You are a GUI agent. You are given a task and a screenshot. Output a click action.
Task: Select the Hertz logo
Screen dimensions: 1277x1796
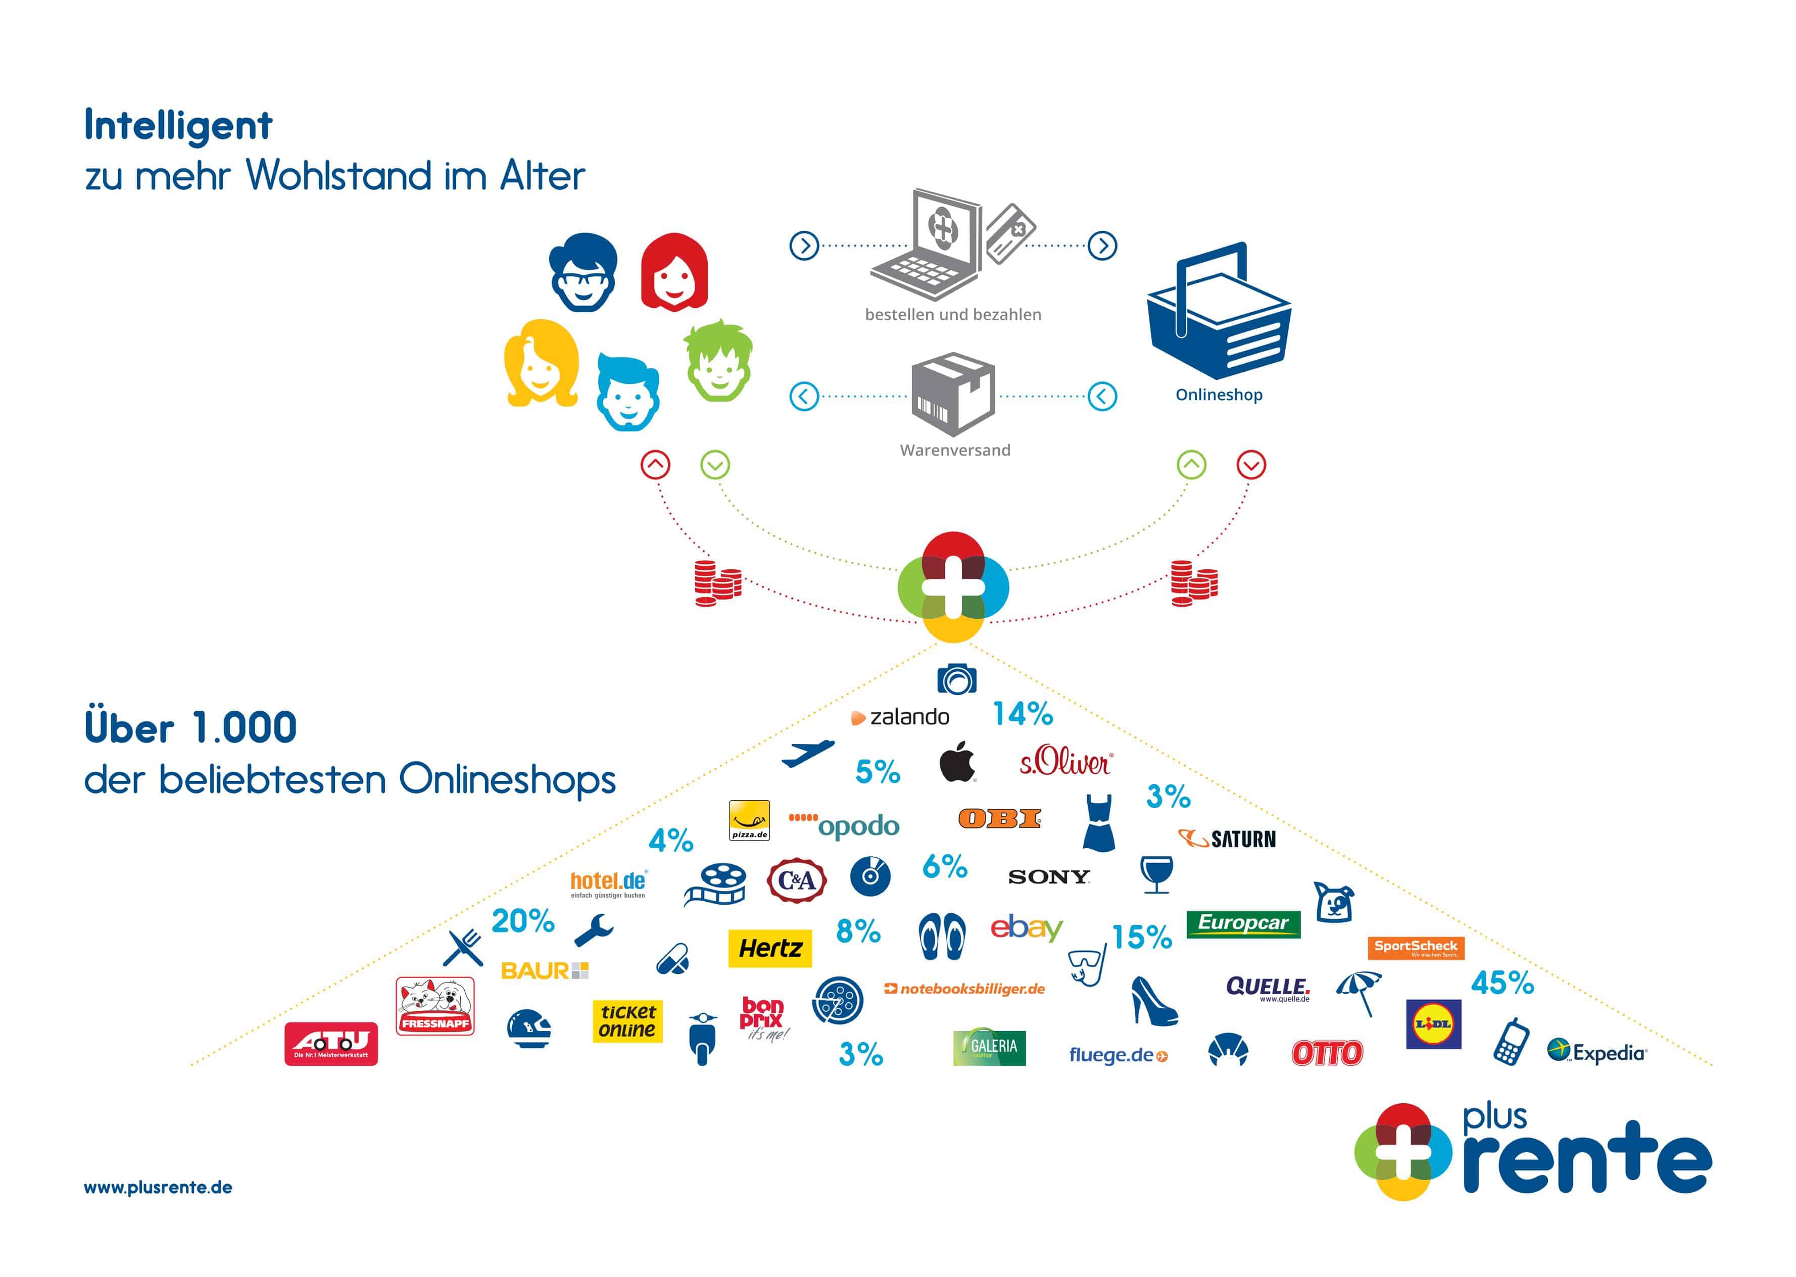pos(770,948)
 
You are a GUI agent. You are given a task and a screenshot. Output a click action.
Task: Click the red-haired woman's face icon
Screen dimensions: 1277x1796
pos(674,272)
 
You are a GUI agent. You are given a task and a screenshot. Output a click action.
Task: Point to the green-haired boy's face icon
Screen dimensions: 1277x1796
pos(718,361)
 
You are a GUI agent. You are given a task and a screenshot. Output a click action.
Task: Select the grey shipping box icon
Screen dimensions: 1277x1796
pos(953,393)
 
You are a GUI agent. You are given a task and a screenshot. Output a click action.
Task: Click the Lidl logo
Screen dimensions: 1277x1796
pos(1433,1024)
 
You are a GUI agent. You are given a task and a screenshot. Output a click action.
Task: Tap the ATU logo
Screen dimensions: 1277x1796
pos(331,1044)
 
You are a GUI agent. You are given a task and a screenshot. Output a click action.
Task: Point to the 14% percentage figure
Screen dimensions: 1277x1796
pos(1022,714)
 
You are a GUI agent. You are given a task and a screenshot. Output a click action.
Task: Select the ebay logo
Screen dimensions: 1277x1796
pos(1026,928)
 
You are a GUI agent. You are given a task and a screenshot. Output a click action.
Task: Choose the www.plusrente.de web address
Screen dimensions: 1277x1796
pos(158,1188)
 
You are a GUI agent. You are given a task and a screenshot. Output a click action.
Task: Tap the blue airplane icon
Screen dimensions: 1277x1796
pos(808,753)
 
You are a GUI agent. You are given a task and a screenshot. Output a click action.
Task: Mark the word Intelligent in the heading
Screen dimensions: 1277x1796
pos(178,126)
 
